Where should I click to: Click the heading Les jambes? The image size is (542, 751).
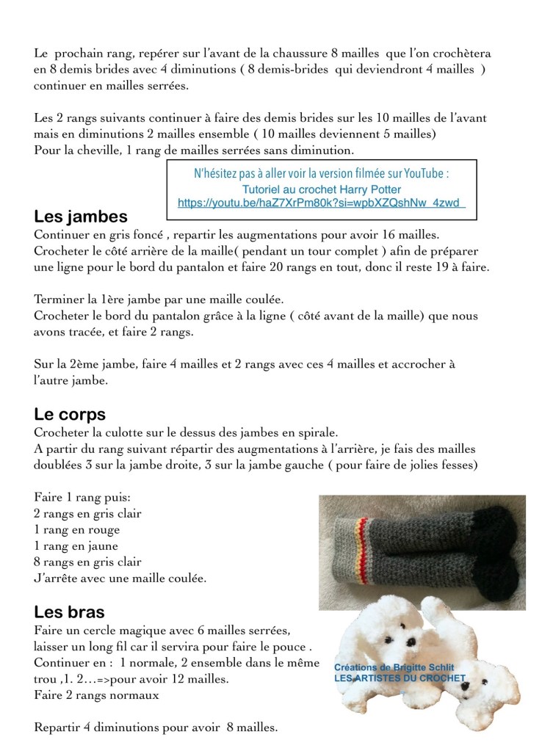[x=81, y=217]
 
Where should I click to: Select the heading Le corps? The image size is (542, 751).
[x=70, y=413]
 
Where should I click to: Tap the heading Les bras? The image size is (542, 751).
[x=69, y=612]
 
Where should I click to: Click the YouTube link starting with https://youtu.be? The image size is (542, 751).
[x=322, y=202]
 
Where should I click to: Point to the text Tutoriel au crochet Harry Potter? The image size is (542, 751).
[x=321, y=189]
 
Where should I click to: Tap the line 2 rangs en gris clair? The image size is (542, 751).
[x=87, y=513]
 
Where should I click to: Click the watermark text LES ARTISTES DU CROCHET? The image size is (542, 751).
[x=400, y=678]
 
